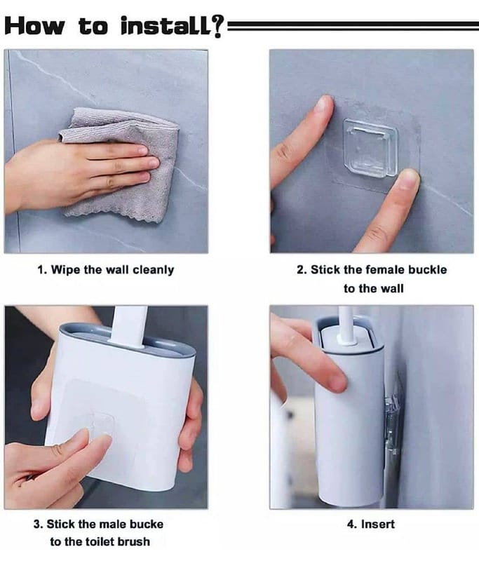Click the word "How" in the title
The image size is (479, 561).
34,26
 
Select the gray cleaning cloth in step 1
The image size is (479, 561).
121,165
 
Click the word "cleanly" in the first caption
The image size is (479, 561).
153,270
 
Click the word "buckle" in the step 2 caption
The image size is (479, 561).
428,269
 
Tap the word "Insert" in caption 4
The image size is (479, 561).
378,524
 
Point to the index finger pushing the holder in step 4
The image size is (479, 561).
315,358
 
